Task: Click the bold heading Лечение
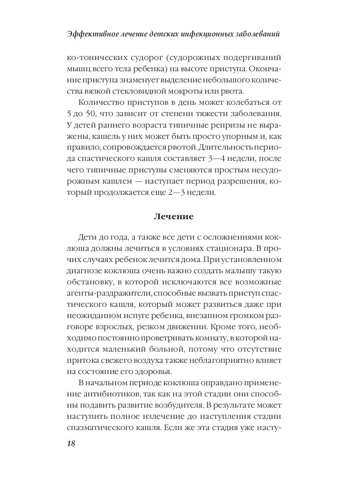coord(173,217)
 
